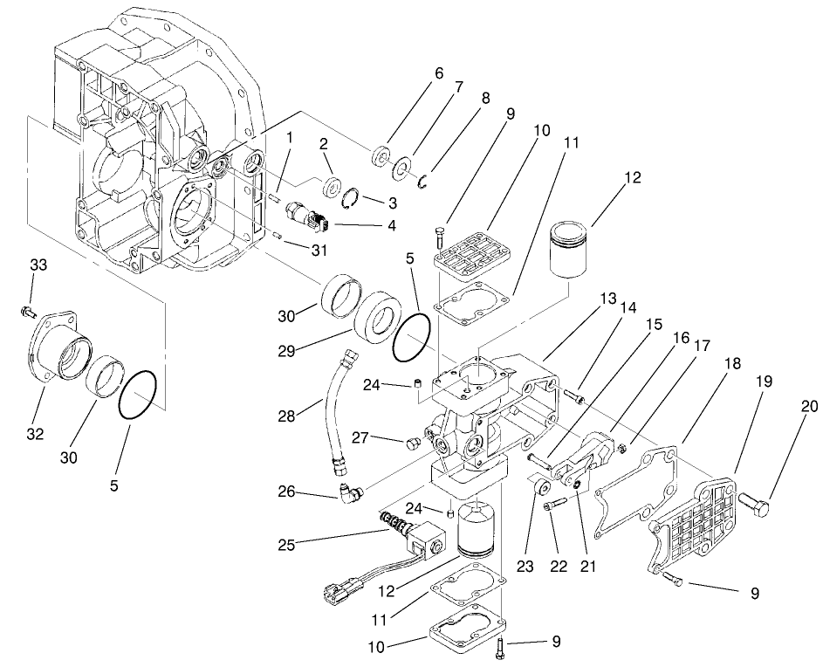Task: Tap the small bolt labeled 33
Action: pos(26,311)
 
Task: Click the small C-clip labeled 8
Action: pos(421,181)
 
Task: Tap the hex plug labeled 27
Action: pos(411,443)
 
